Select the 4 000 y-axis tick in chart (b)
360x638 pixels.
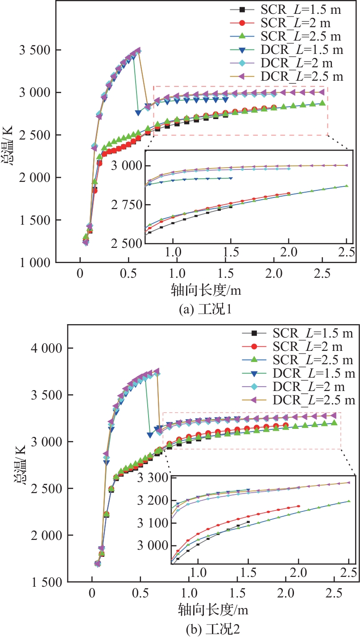pos(44,348)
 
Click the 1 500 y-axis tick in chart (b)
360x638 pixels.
pos(44,582)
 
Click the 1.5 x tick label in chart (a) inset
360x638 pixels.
pos(231,253)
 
